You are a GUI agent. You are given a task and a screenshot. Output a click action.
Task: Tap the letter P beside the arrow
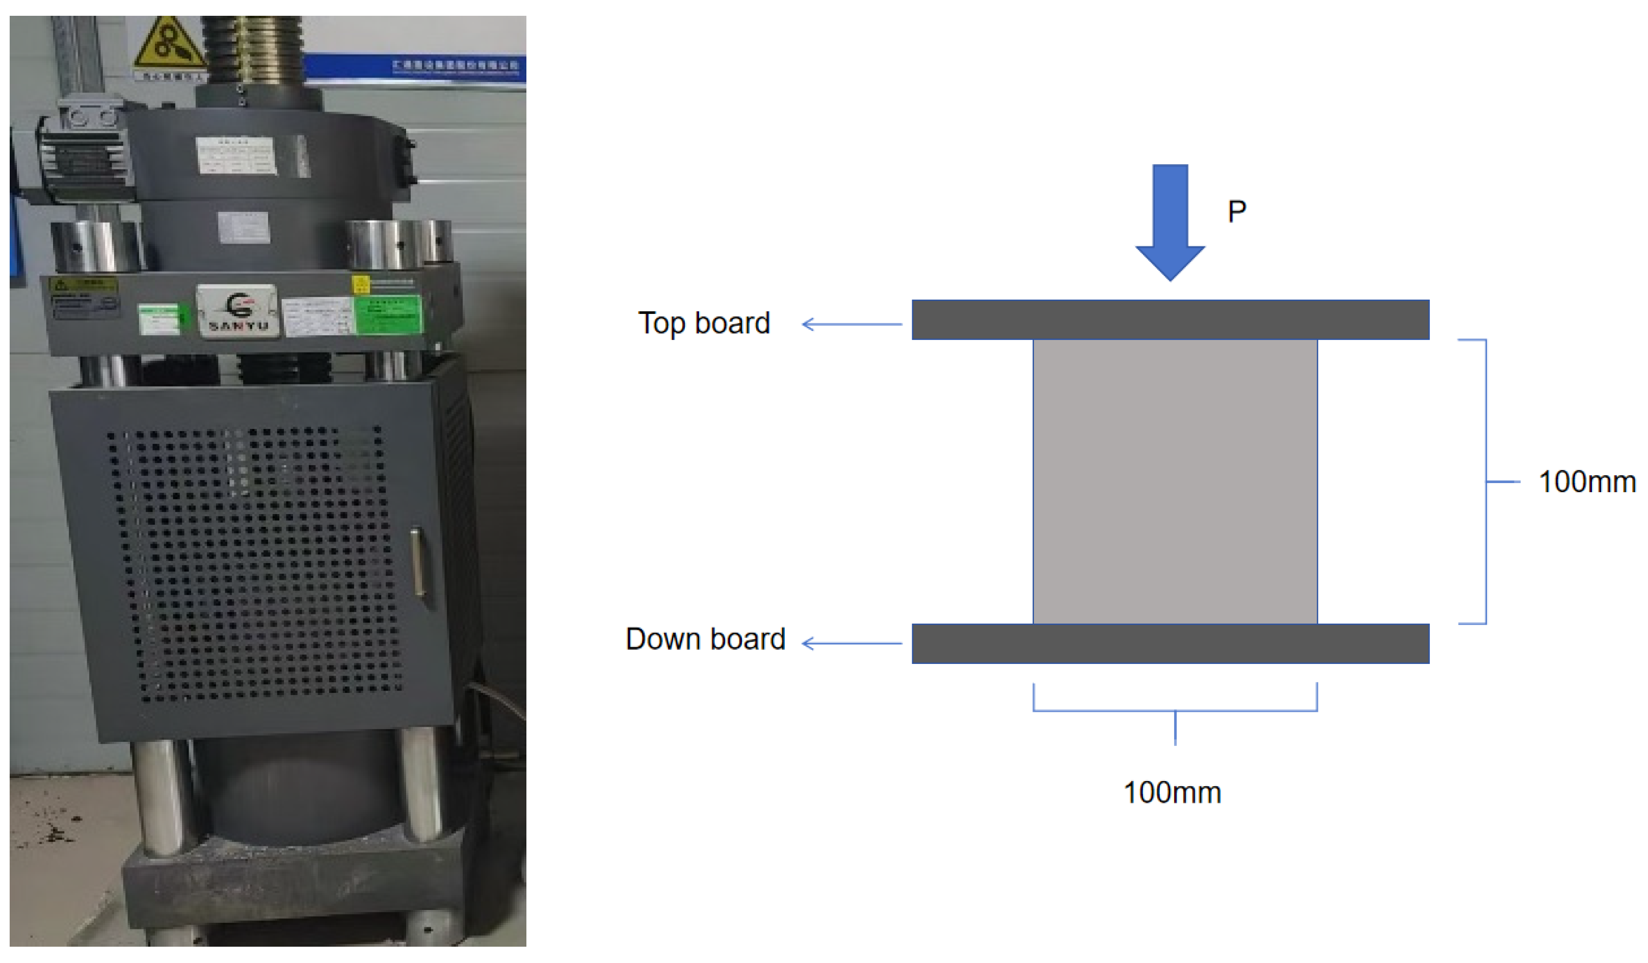(x=1237, y=211)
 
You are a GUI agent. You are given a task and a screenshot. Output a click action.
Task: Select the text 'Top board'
(x=704, y=323)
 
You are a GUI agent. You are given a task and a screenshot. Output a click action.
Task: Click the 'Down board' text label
(x=705, y=639)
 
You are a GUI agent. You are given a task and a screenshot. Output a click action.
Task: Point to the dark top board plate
(x=1170, y=319)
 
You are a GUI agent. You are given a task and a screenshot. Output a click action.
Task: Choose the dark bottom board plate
(x=1170, y=644)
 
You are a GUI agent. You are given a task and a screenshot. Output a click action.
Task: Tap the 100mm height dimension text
(x=1586, y=482)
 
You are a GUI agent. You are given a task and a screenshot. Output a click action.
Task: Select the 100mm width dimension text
(x=1172, y=792)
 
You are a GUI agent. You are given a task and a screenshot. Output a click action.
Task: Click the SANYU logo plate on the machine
(x=238, y=311)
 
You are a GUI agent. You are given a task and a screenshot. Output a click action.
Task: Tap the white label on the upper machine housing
(x=236, y=155)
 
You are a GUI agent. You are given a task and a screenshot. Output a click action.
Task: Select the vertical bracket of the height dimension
(x=1486, y=482)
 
